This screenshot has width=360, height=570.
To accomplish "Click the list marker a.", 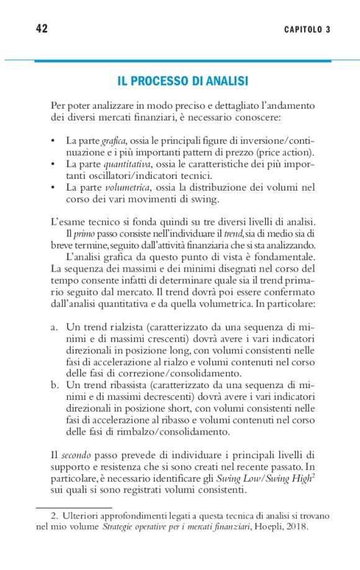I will pos(55,327).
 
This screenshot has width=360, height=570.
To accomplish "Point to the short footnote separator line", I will pos(73,507).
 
